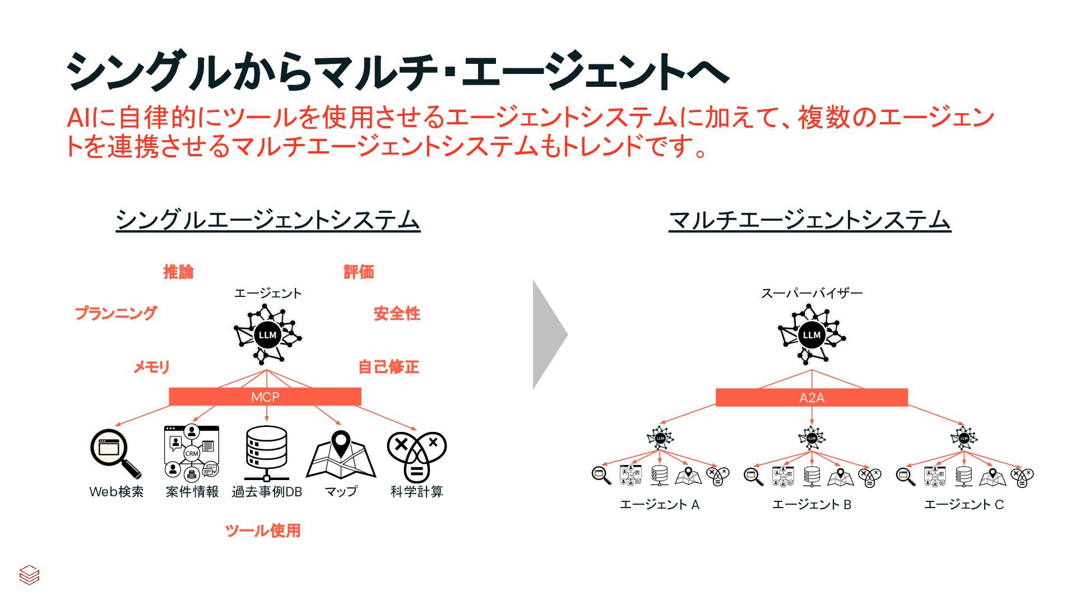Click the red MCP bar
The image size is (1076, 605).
[x=265, y=397]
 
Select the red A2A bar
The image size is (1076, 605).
[x=811, y=397]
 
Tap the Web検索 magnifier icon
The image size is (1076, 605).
[x=115, y=453]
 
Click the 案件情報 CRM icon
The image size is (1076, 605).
[x=192, y=453]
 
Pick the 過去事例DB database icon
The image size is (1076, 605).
[x=267, y=453]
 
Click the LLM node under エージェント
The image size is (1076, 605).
[x=267, y=335]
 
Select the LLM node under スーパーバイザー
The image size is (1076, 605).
[x=811, y=335]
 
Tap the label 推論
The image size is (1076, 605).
[x=179, y=272]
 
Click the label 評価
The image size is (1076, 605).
[x=359, y=272]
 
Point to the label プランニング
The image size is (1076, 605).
[x=116, y=313]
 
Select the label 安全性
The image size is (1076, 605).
[x=397, y=314]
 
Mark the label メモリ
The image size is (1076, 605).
[x=151, y=367]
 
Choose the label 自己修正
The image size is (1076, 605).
[x=388, y=367]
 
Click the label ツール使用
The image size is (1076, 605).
[x=263, y=530]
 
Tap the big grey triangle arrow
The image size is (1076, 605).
[x=549, y=335]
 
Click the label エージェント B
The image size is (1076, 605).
[x=811, y=505]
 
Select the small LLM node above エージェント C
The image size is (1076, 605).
[x=964, y=438]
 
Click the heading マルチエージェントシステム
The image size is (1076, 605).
[x=810, y=220]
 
